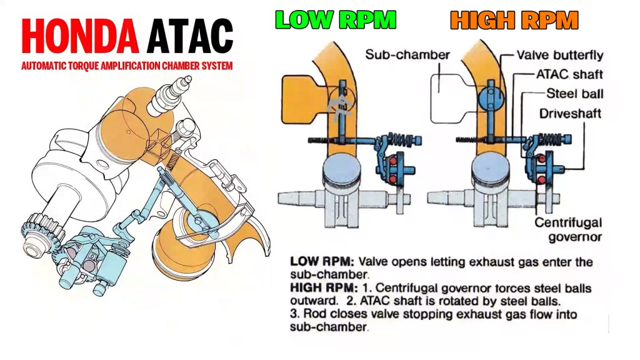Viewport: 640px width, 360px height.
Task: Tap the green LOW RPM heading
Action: tap(336, 20)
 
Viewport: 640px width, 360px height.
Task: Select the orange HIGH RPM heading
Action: tap(514, 20)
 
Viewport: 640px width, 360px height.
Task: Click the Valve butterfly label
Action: tap(559, 55)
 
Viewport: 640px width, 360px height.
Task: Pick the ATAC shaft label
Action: tap(569, 74)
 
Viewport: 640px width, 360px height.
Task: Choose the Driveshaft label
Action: tap(571, 114)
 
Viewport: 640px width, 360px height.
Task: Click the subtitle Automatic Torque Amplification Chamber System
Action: tap(126, 66)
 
